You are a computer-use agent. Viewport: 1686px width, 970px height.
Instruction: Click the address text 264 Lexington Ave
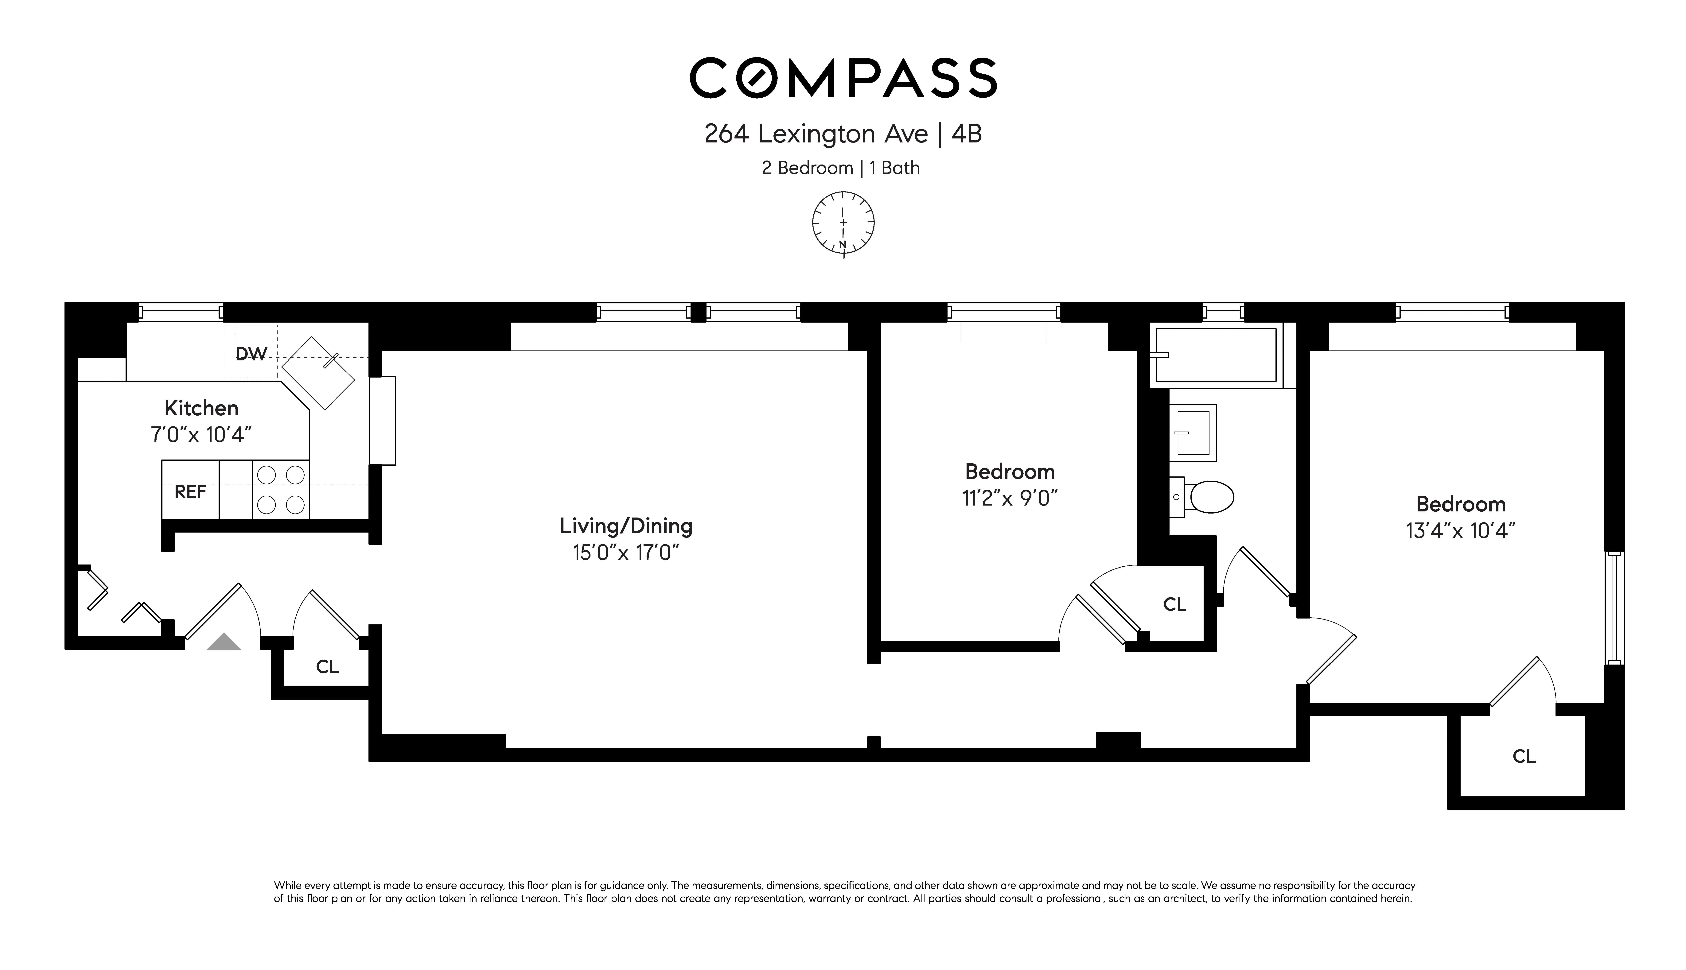(816, 134)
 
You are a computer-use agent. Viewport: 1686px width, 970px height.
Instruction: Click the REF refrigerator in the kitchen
(191, 491)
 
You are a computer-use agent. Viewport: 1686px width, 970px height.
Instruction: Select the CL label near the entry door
(327, 666)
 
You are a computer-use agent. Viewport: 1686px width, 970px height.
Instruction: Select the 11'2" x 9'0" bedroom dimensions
(1010, 498)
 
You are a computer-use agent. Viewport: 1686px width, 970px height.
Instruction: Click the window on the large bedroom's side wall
(1615, 608)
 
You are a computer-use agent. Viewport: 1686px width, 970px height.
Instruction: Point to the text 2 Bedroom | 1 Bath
(841, 168)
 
